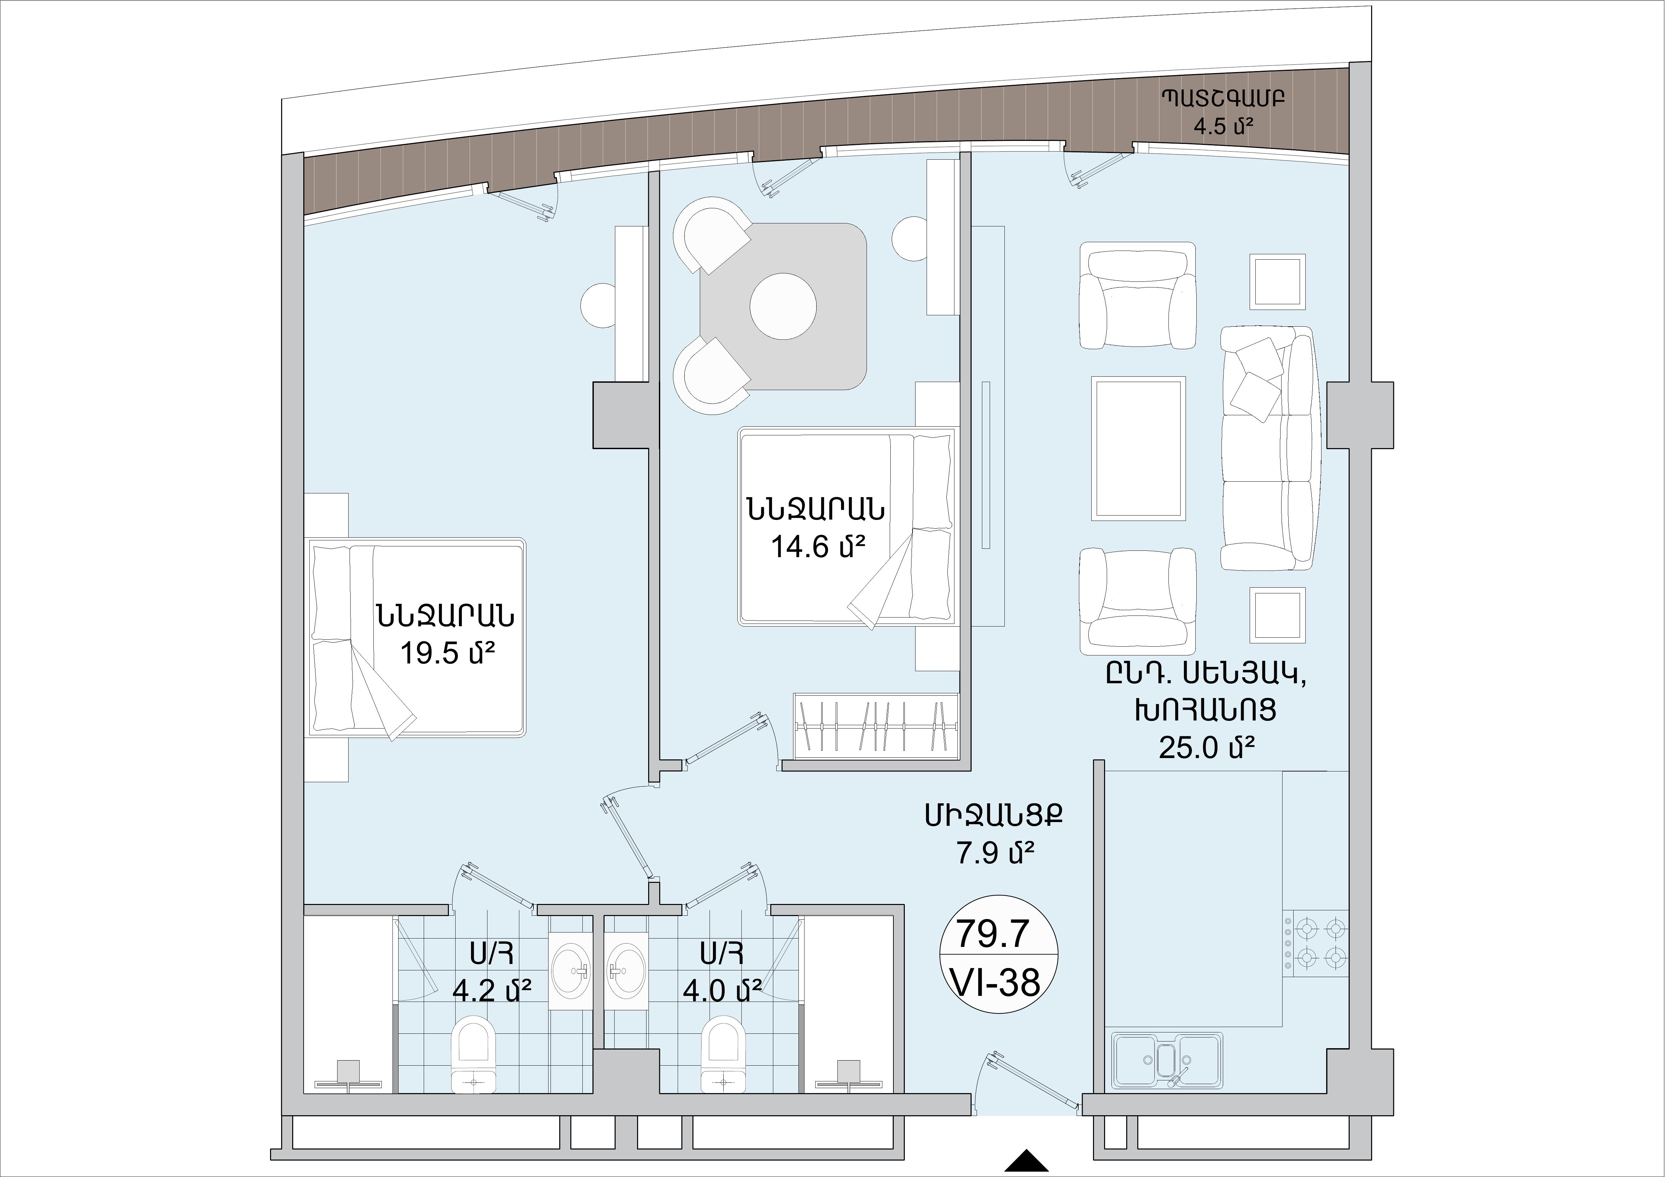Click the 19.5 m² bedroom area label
[x=448, y=655]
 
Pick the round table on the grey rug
[x=783, y=306]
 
